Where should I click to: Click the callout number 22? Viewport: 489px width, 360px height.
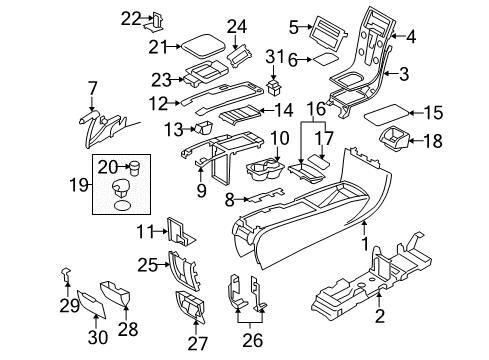point(132,18)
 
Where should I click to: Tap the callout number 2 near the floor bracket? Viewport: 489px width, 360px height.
point(380,318)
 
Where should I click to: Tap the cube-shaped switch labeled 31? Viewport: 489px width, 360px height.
point(271,88)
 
